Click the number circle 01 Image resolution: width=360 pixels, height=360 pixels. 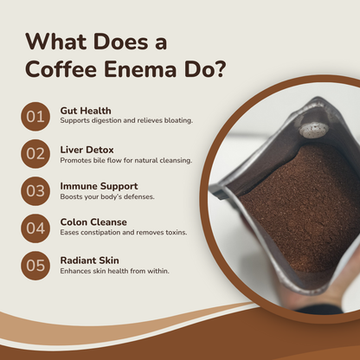(35, 117)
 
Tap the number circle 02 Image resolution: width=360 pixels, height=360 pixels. (35, 154)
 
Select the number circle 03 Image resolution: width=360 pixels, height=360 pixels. (35, 191)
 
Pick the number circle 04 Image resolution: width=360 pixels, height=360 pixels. (35, 228)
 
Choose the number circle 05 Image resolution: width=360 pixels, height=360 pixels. (35, 266)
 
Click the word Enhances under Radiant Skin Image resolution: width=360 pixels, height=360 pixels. (77, 272)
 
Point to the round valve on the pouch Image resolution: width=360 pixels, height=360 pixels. (314, 129)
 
